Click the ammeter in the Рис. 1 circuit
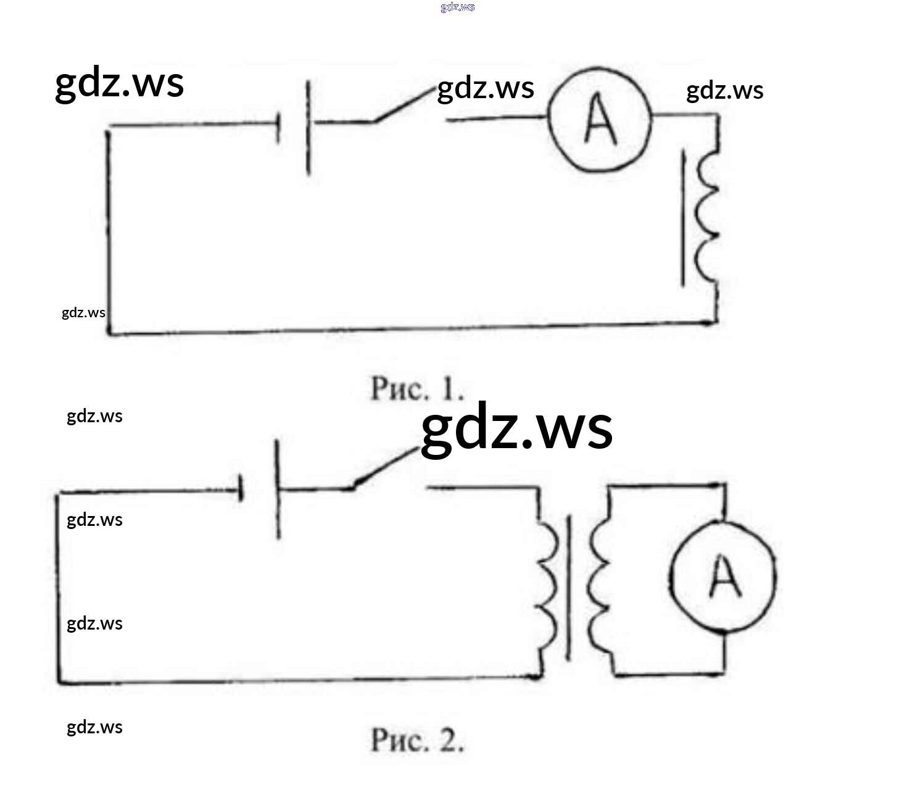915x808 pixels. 600,120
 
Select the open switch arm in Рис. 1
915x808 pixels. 404,105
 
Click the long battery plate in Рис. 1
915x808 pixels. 308,128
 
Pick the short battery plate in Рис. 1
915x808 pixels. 278,128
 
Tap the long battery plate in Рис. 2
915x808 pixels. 278,489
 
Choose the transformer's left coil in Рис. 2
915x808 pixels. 547,583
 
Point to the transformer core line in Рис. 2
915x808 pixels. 568,586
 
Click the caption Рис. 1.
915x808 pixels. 417,388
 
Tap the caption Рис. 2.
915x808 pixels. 417,739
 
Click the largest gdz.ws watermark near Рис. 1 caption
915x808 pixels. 516,428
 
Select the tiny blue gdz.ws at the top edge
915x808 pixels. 458,7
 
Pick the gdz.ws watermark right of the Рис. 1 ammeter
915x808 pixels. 724,91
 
